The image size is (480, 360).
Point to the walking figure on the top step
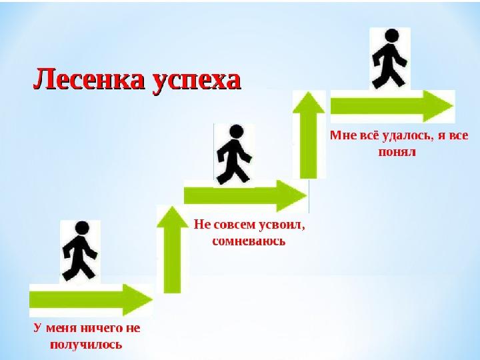coord(389,59)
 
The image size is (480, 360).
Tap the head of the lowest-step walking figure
coord(82,229)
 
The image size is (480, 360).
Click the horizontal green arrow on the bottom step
coord(90,299)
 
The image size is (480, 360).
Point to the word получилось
coord(86,345)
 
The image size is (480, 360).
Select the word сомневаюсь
coord(249,241)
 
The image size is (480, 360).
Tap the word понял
coord(399,151)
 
